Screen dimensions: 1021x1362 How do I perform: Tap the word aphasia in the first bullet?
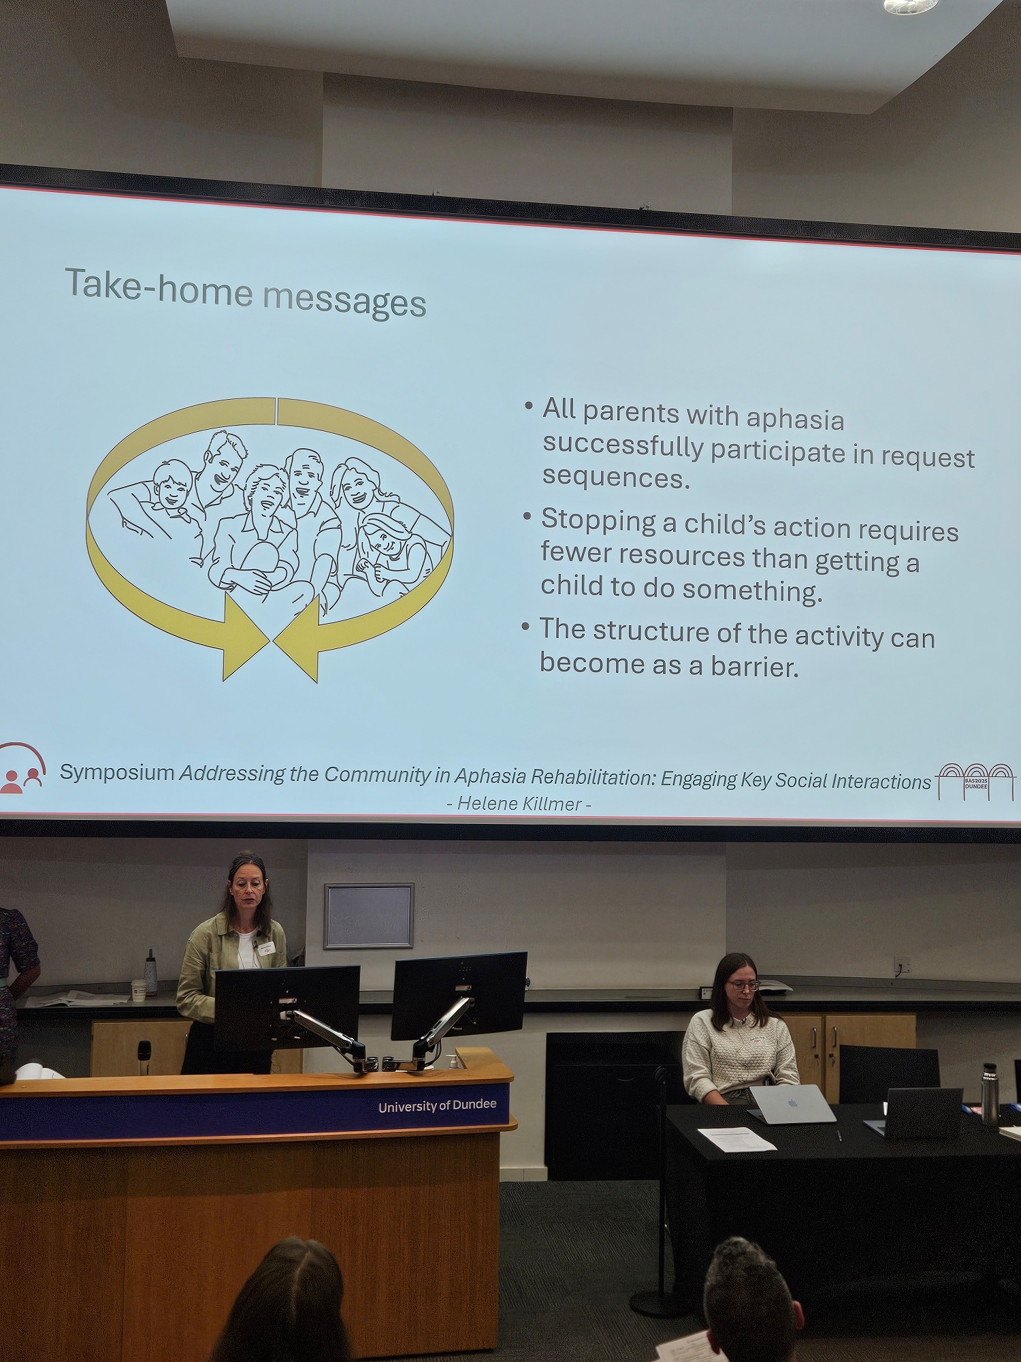[x=795, y=418]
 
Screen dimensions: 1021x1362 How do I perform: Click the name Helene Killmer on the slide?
[x=519, y=804]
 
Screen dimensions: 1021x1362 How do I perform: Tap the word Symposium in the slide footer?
[x=117, y=773]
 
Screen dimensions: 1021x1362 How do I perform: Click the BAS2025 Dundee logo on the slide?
[x=975, y=780]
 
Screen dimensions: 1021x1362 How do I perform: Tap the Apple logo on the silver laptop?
[x=792, y=1102]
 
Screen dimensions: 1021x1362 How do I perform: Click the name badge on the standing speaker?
[x=266, y=947]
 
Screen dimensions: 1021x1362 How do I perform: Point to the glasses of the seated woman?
[x=743, y=985]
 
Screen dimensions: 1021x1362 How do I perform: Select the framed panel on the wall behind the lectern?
[x=369, y=915]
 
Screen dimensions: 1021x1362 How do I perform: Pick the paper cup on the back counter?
[x=138, y=990]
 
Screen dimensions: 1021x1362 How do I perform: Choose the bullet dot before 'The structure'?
[x=525, y=625]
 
